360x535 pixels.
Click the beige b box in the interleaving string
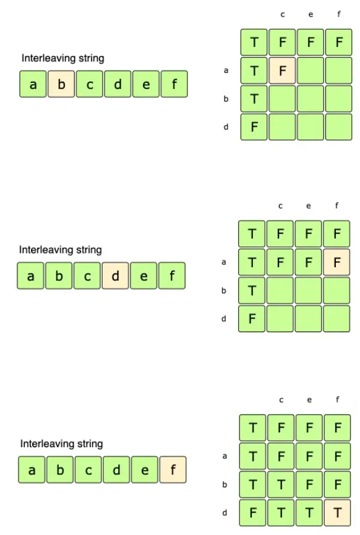pos(61,84)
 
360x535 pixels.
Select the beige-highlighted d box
pos(115,276)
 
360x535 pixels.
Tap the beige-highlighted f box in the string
pos(173,469)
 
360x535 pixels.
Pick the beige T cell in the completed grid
pos(338,513)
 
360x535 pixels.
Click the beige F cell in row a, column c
pos(282,71)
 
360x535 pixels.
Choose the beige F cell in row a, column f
pos(336,262)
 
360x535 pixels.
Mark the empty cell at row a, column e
pos(311,71)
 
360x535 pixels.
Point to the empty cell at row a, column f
pos(339,71)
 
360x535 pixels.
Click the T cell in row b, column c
pos(281,484)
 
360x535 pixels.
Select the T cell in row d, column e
pos(309,513)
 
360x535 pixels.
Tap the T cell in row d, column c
pos(281,513)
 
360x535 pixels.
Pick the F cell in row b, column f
pos(338,484)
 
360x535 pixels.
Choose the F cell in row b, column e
pos(309,484)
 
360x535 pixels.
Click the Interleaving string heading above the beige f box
pos(61,443)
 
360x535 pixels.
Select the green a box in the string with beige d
pos(30,276)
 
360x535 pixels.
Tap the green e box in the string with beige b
pos(146,84)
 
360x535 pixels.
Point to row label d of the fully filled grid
pos(225,513)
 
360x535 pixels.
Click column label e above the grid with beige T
pos(309,400)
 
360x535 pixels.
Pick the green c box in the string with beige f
pos(88,469)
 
